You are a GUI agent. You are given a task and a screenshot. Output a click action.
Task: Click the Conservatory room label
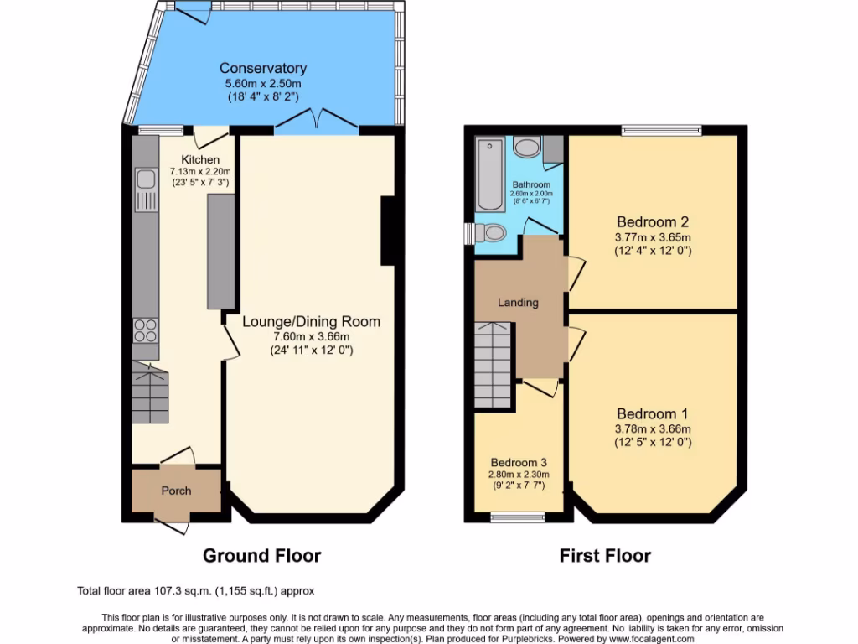[263, 68]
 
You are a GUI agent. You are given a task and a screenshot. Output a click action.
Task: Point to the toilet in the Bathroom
[491, 233]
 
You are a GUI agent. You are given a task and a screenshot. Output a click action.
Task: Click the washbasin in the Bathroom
[527, 148]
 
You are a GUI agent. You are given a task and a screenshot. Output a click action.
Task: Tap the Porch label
[176, 491]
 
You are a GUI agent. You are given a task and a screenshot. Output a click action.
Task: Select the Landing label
[518, 302]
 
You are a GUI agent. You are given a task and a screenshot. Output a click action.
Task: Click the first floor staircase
[494, 365]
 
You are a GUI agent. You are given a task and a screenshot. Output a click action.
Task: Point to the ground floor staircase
[151, 394]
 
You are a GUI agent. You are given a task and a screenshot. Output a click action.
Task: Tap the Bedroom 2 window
[661, 130]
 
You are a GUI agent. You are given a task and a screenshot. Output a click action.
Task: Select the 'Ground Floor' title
[262, 555]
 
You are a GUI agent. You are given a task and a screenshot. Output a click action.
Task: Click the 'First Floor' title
[605, 555]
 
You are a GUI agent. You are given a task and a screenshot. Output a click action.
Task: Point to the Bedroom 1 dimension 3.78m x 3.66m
[653, 429]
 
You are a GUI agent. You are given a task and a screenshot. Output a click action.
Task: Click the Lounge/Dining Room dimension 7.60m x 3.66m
[311, 337]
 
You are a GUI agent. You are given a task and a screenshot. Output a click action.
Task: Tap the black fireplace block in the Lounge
[388, 231]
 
